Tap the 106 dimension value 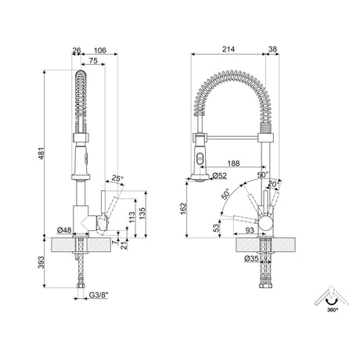point(99,51)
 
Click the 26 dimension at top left point(76,51)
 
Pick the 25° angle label point(117,179)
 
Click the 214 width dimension point(229,49)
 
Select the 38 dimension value point(272,49)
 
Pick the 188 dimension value point(234,164)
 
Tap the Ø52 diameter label point(220,176)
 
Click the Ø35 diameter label point(251,258)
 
